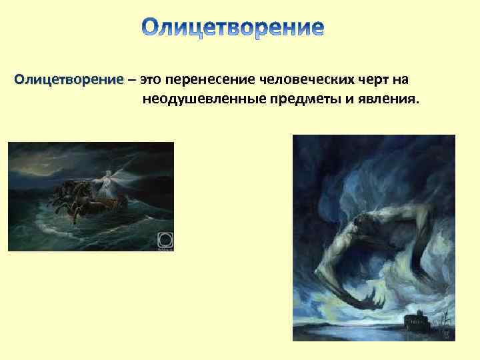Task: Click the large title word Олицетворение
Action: point(233,27)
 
